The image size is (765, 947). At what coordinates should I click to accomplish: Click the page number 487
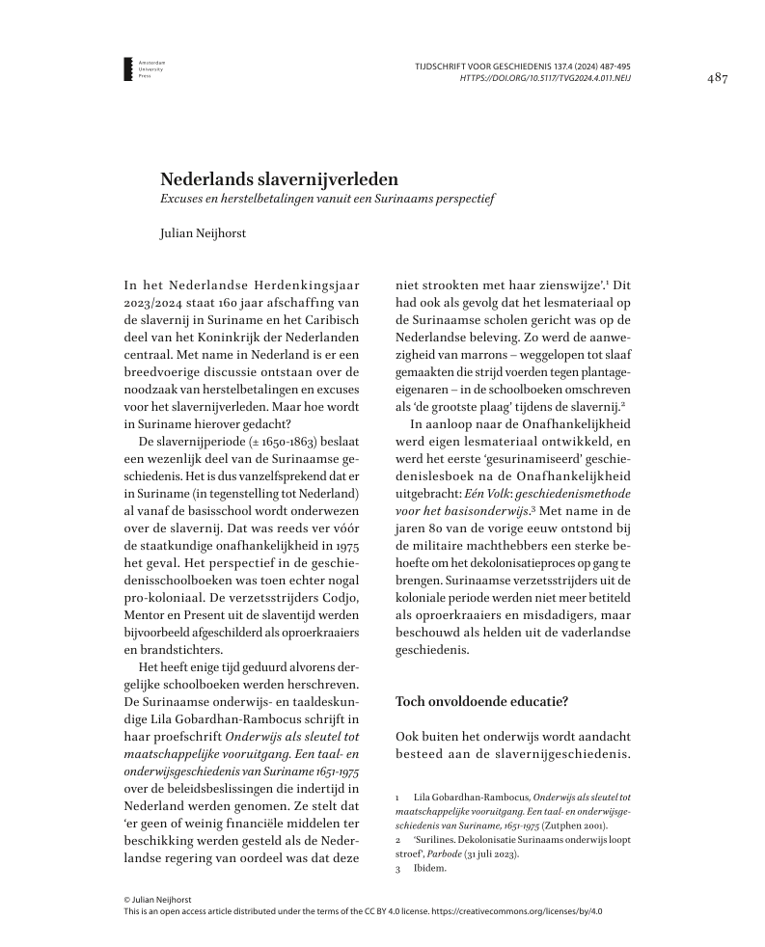point(717,77)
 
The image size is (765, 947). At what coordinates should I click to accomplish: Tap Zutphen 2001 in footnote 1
point(577,825)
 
